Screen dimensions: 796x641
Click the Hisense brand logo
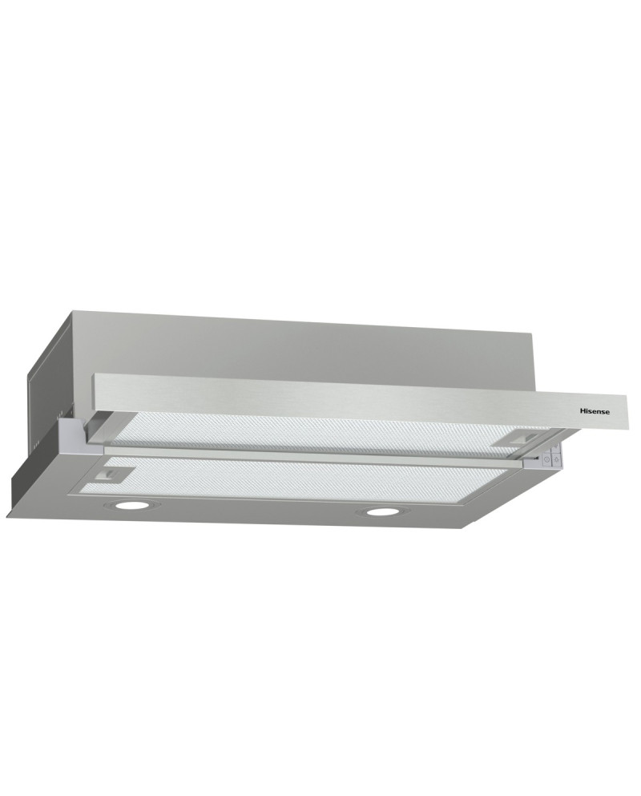pyautogui.click(x=595, y=411)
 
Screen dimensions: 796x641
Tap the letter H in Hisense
pyautogui.click(x=583, y=411)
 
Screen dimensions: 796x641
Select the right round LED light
pyautogui.click(x=383, y=511)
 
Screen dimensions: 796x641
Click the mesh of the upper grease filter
pyautogui.click(x=320, y=434)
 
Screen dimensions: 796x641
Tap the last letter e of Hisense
pyautogui.click(x=607, y=412)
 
